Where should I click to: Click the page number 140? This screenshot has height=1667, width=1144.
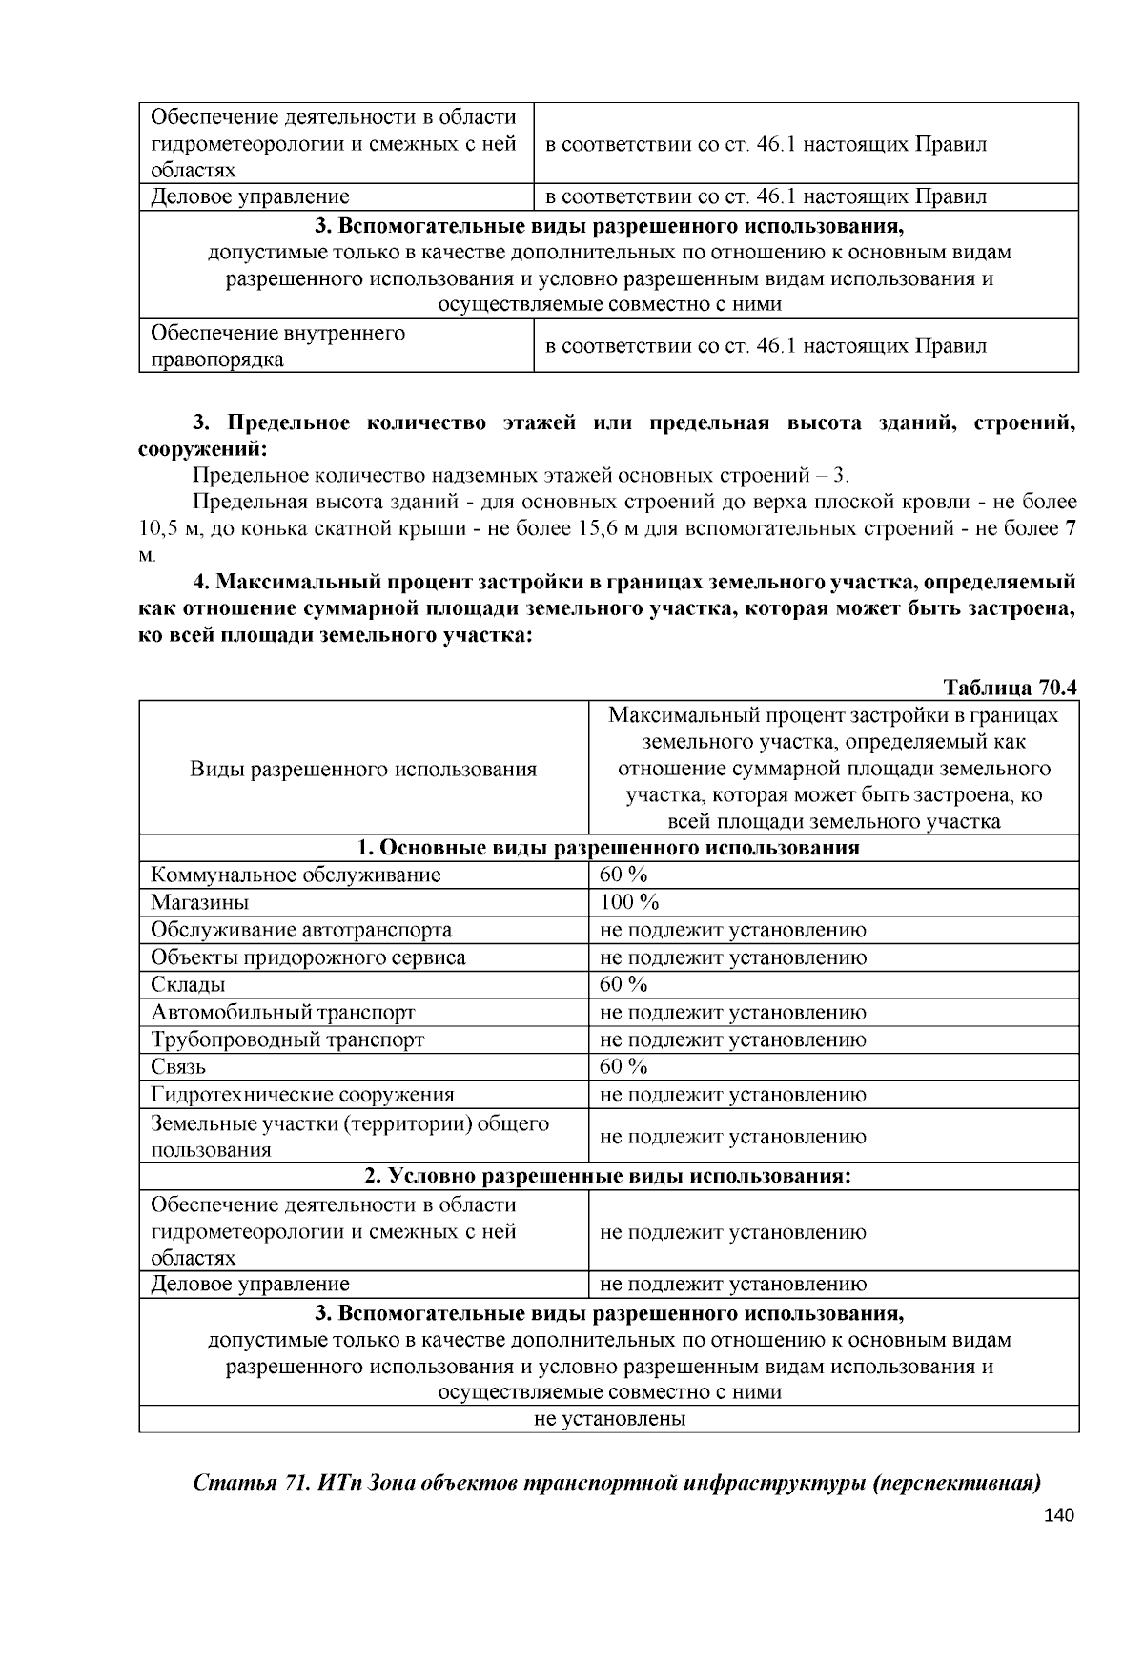click(x=1058, y=1515)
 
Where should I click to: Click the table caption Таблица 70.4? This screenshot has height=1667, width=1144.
click(x=1010, y=688)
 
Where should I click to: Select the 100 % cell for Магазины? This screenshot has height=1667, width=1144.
click(x=629, y=902)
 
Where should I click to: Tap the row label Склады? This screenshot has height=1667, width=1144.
click(x=188, y=984)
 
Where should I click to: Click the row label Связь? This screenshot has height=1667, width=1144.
click(x=178, y=1066)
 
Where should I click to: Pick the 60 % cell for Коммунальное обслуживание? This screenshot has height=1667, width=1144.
click(x=623, y=875)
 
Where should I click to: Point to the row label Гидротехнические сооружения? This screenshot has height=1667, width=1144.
click(x=302, y=1095)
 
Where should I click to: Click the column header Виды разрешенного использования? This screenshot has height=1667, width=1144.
click(x=363, y=769)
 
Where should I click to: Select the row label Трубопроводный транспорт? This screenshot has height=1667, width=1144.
click(x=287, y=1039)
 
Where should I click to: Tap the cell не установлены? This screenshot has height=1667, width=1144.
click(x=609, y=1418)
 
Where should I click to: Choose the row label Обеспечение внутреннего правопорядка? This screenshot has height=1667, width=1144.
click(x=277, y=346)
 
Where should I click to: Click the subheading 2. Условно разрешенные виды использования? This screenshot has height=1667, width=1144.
click(x=609, y=1176)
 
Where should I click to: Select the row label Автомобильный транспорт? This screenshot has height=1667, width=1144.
click(x=283, y=1012)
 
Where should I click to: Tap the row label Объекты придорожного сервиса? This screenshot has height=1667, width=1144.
click(x=308, y=957)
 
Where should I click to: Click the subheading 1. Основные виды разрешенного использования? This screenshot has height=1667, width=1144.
click(x=609, y=848)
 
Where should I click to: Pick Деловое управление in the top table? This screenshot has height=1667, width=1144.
click(x=251, y=196)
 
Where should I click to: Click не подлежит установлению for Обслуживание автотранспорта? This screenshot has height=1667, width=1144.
click(x=733, y=930)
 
